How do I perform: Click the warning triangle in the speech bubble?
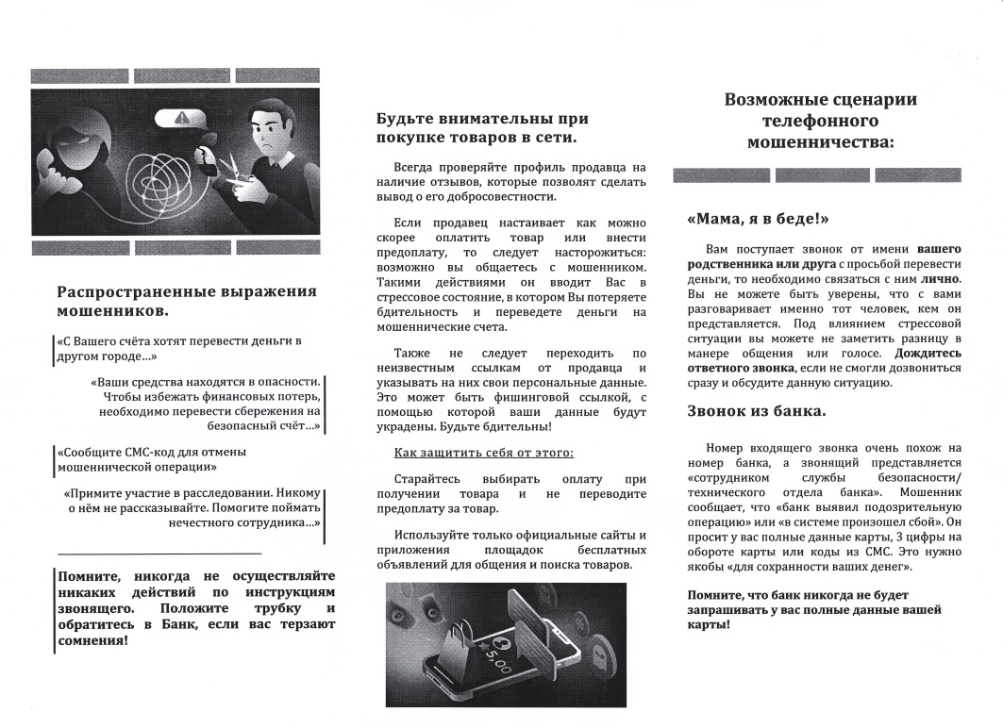point(183,119)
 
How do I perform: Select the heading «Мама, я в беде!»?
point(758,220)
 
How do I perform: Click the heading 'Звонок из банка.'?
point(756,412)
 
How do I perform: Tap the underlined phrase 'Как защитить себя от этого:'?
point(483,454)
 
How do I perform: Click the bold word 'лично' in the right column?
point(941,280)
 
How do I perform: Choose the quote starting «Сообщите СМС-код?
point(151,458)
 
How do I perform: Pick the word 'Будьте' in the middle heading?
point(405,120)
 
